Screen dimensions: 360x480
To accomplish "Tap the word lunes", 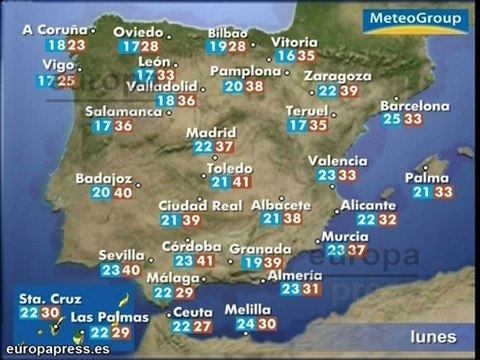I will point(433,336).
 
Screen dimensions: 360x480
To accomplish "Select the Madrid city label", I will point(210,131).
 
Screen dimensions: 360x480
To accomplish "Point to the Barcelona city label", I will point(415,104).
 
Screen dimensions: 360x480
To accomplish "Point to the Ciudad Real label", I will point(201,206).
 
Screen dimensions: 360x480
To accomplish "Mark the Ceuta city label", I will point(192,311).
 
